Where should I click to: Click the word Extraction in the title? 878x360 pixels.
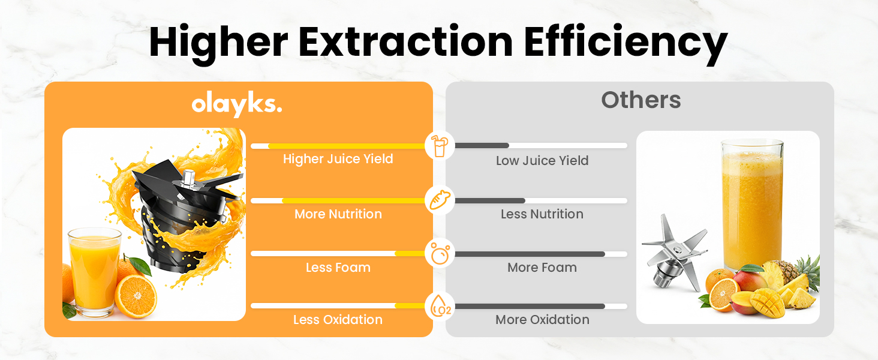coord(405,42)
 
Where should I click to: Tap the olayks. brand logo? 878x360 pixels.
coord(237,105)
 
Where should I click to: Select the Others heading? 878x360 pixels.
coord(641,100)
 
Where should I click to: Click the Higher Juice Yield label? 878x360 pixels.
coord(338,159)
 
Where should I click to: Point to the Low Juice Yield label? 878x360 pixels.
coord(542,161)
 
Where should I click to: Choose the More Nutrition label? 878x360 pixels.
coord(338,214)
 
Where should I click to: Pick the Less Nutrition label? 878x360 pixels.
coord(542,214)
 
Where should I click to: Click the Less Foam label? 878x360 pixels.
coord(338,268)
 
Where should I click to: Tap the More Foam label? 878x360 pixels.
coord(542,268)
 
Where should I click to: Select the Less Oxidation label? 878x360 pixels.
coord(338,320)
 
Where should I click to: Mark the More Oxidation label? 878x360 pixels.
coord(542,320)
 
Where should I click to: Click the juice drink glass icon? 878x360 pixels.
coord(440,146)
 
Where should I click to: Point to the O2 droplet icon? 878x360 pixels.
coord(440,307)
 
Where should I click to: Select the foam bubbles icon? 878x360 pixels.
coord(440,254)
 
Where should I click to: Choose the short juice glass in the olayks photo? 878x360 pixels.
coord(94,270)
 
